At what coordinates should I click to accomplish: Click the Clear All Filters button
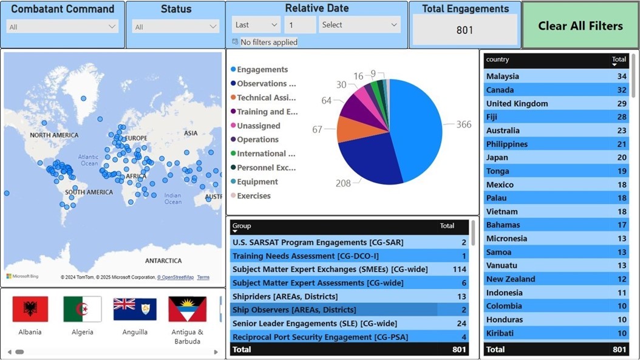click(x=580, y=25)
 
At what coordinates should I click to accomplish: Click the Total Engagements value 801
click(x=465, y=30)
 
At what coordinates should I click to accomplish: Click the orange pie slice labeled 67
click(x=352, y=129)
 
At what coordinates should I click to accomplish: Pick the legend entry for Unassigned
click(x=258, y=126)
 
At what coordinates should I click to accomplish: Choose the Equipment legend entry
click(x=257, y=182)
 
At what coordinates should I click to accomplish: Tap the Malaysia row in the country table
click(x=503, y=76)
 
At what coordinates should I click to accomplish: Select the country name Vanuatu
click(x=502, y=265)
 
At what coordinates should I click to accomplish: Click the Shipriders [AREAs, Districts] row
click(x=285, y=296)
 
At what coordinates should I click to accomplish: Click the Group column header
click(x=242, y=226)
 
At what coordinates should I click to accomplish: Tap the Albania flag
click(x=30, y=310)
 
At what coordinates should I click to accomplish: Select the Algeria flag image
click(x=83, y=310)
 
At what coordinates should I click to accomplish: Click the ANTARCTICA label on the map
click(x=163, y=260)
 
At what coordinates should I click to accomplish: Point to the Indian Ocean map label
click(x=172, y=199)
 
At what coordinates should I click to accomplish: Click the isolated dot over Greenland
click(x=83, y=98)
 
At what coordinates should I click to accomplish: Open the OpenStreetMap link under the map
click(x=175, y=277)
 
